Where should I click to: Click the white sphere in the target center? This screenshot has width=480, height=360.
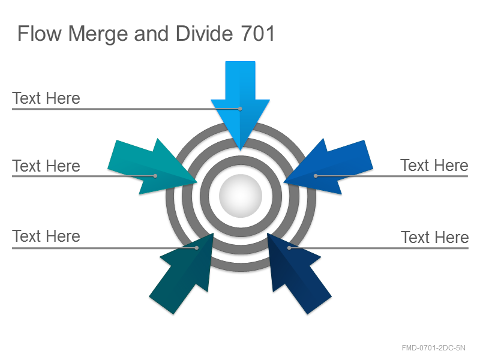pos(241,196)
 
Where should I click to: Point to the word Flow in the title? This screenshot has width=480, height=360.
pos(40,34)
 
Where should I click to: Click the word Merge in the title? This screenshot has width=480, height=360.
pos(98,34)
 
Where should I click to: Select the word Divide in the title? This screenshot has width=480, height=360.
pos(204,34)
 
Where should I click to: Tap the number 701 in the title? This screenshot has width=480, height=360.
pos(258,34)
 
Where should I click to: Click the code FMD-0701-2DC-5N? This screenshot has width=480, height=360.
pos(433,348)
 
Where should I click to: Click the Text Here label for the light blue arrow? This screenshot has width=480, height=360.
pos(46,98)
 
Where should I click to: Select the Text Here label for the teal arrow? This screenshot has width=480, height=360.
pos(46,166)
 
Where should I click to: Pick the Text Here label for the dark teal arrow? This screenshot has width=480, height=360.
pos(46,236)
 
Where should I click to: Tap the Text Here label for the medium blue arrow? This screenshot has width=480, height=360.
pos(434,166)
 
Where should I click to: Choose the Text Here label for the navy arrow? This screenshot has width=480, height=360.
pos(434,237)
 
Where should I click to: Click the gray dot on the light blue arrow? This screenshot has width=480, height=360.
pos(241,109)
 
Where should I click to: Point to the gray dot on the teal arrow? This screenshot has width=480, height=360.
pos(155,176)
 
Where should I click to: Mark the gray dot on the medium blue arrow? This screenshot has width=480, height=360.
pos(316,176)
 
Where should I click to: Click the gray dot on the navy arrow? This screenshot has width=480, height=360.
pos(289,248)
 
